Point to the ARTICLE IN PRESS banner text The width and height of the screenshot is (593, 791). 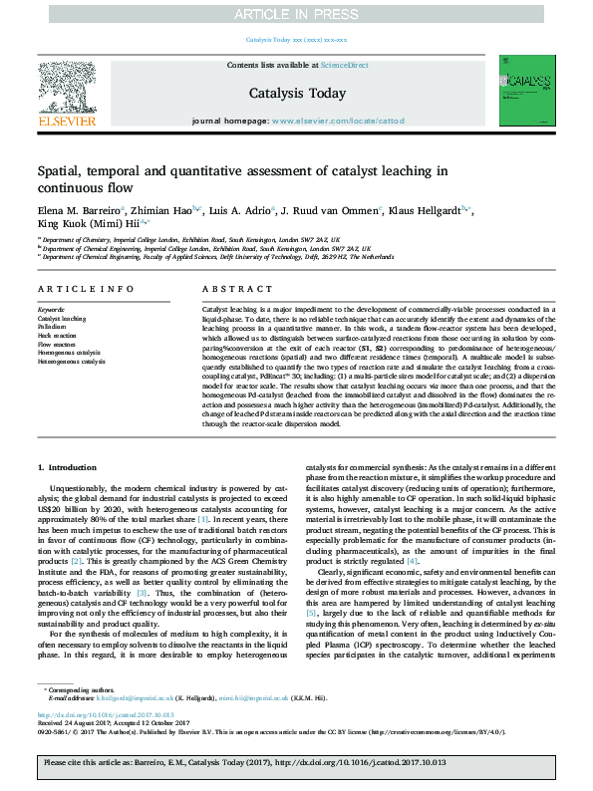(x=296, y=14)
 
